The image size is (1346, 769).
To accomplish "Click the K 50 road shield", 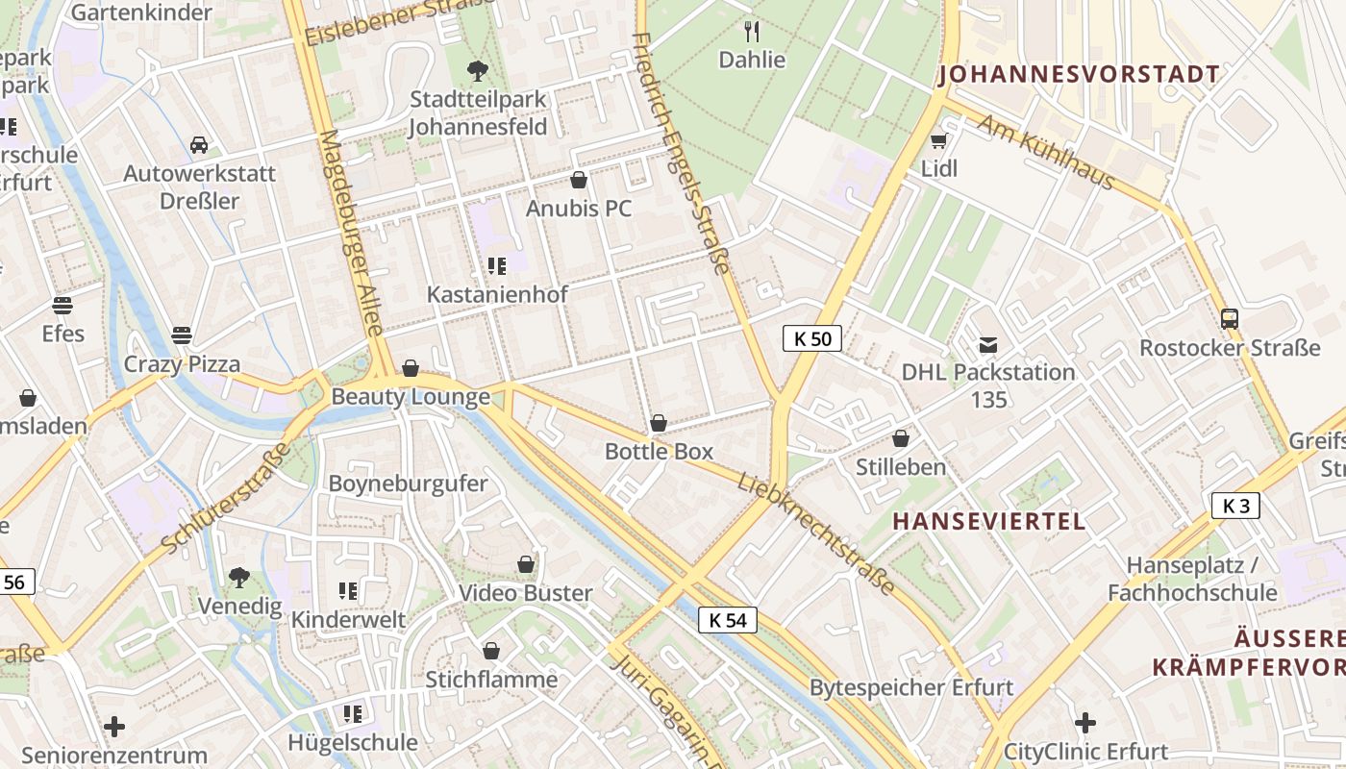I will (812, 338).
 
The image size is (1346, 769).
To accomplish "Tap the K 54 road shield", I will (727, 620).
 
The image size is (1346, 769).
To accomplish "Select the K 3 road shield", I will (1235, 506).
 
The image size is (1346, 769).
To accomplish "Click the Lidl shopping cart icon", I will (938, 141).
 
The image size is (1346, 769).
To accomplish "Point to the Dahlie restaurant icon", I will (752, 32).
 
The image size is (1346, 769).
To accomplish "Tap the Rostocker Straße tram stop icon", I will (1229, 319).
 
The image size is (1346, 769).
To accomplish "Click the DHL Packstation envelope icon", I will (987, 344).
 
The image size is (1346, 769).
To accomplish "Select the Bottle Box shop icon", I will (659, 423).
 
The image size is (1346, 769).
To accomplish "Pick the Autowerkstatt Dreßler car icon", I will (199, 145).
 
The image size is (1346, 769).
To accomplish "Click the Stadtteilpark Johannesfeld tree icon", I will (477, 70).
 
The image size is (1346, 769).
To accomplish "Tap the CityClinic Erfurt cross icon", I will (1085, 723).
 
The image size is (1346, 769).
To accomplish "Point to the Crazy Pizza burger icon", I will (182, 335).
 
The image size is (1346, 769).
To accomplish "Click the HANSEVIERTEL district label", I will (989, 521).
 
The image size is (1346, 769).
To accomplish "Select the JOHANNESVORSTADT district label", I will (1079, 74).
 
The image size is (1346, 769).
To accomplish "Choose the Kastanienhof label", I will (497, 294).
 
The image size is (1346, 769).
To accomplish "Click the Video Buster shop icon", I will (526, 564).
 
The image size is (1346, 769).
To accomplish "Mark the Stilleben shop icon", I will (901, 439).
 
